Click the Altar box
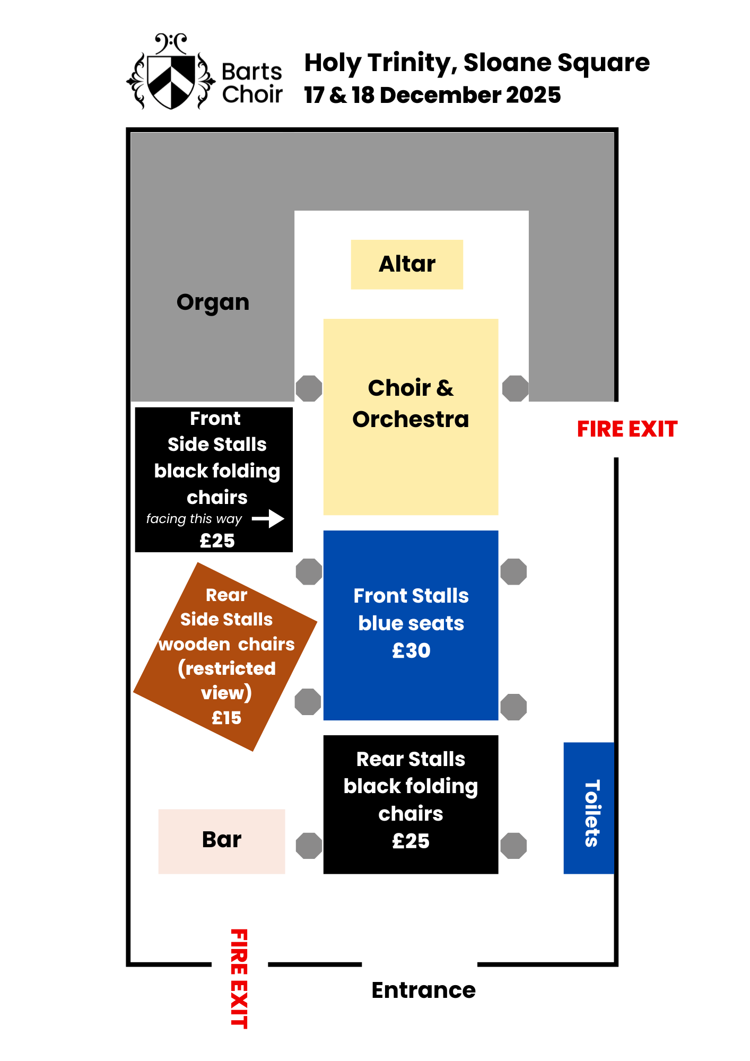[407, 264]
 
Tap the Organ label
[213, 302]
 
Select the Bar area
[222, 841]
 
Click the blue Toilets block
[589, 807]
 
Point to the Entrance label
[423, 990]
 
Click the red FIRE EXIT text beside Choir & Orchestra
[627, 429]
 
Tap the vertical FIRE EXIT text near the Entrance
[239, 978]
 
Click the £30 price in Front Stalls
[411, 651]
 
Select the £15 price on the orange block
[226, 718]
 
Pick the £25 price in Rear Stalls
[411, 841]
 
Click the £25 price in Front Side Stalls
[217, 541]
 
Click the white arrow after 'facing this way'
[268, 519]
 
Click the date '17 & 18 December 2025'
[432, 95]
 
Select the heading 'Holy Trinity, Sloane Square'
[476, 63]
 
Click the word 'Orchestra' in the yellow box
[411, 420]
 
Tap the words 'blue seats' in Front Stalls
[411, 623]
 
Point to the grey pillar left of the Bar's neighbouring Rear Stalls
[309, 846]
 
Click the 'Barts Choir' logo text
[252, 83]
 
